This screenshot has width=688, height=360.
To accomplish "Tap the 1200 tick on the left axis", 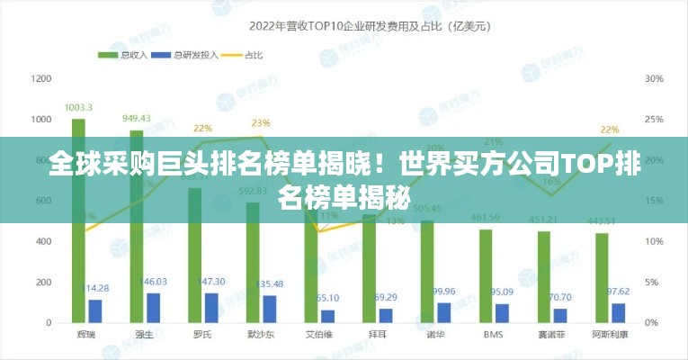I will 41,78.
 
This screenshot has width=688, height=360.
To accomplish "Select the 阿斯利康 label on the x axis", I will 610,335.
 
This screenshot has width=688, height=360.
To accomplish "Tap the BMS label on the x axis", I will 493,335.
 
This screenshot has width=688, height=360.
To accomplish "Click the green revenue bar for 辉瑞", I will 78,220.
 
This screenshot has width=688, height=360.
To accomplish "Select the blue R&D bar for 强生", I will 153,307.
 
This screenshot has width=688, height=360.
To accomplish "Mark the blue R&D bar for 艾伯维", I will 327,315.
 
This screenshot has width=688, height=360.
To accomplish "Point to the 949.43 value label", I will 137,118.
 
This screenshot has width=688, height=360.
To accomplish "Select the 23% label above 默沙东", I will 261,122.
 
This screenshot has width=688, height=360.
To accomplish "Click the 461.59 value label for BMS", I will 486,218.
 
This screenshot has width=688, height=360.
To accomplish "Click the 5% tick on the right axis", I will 652,282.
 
